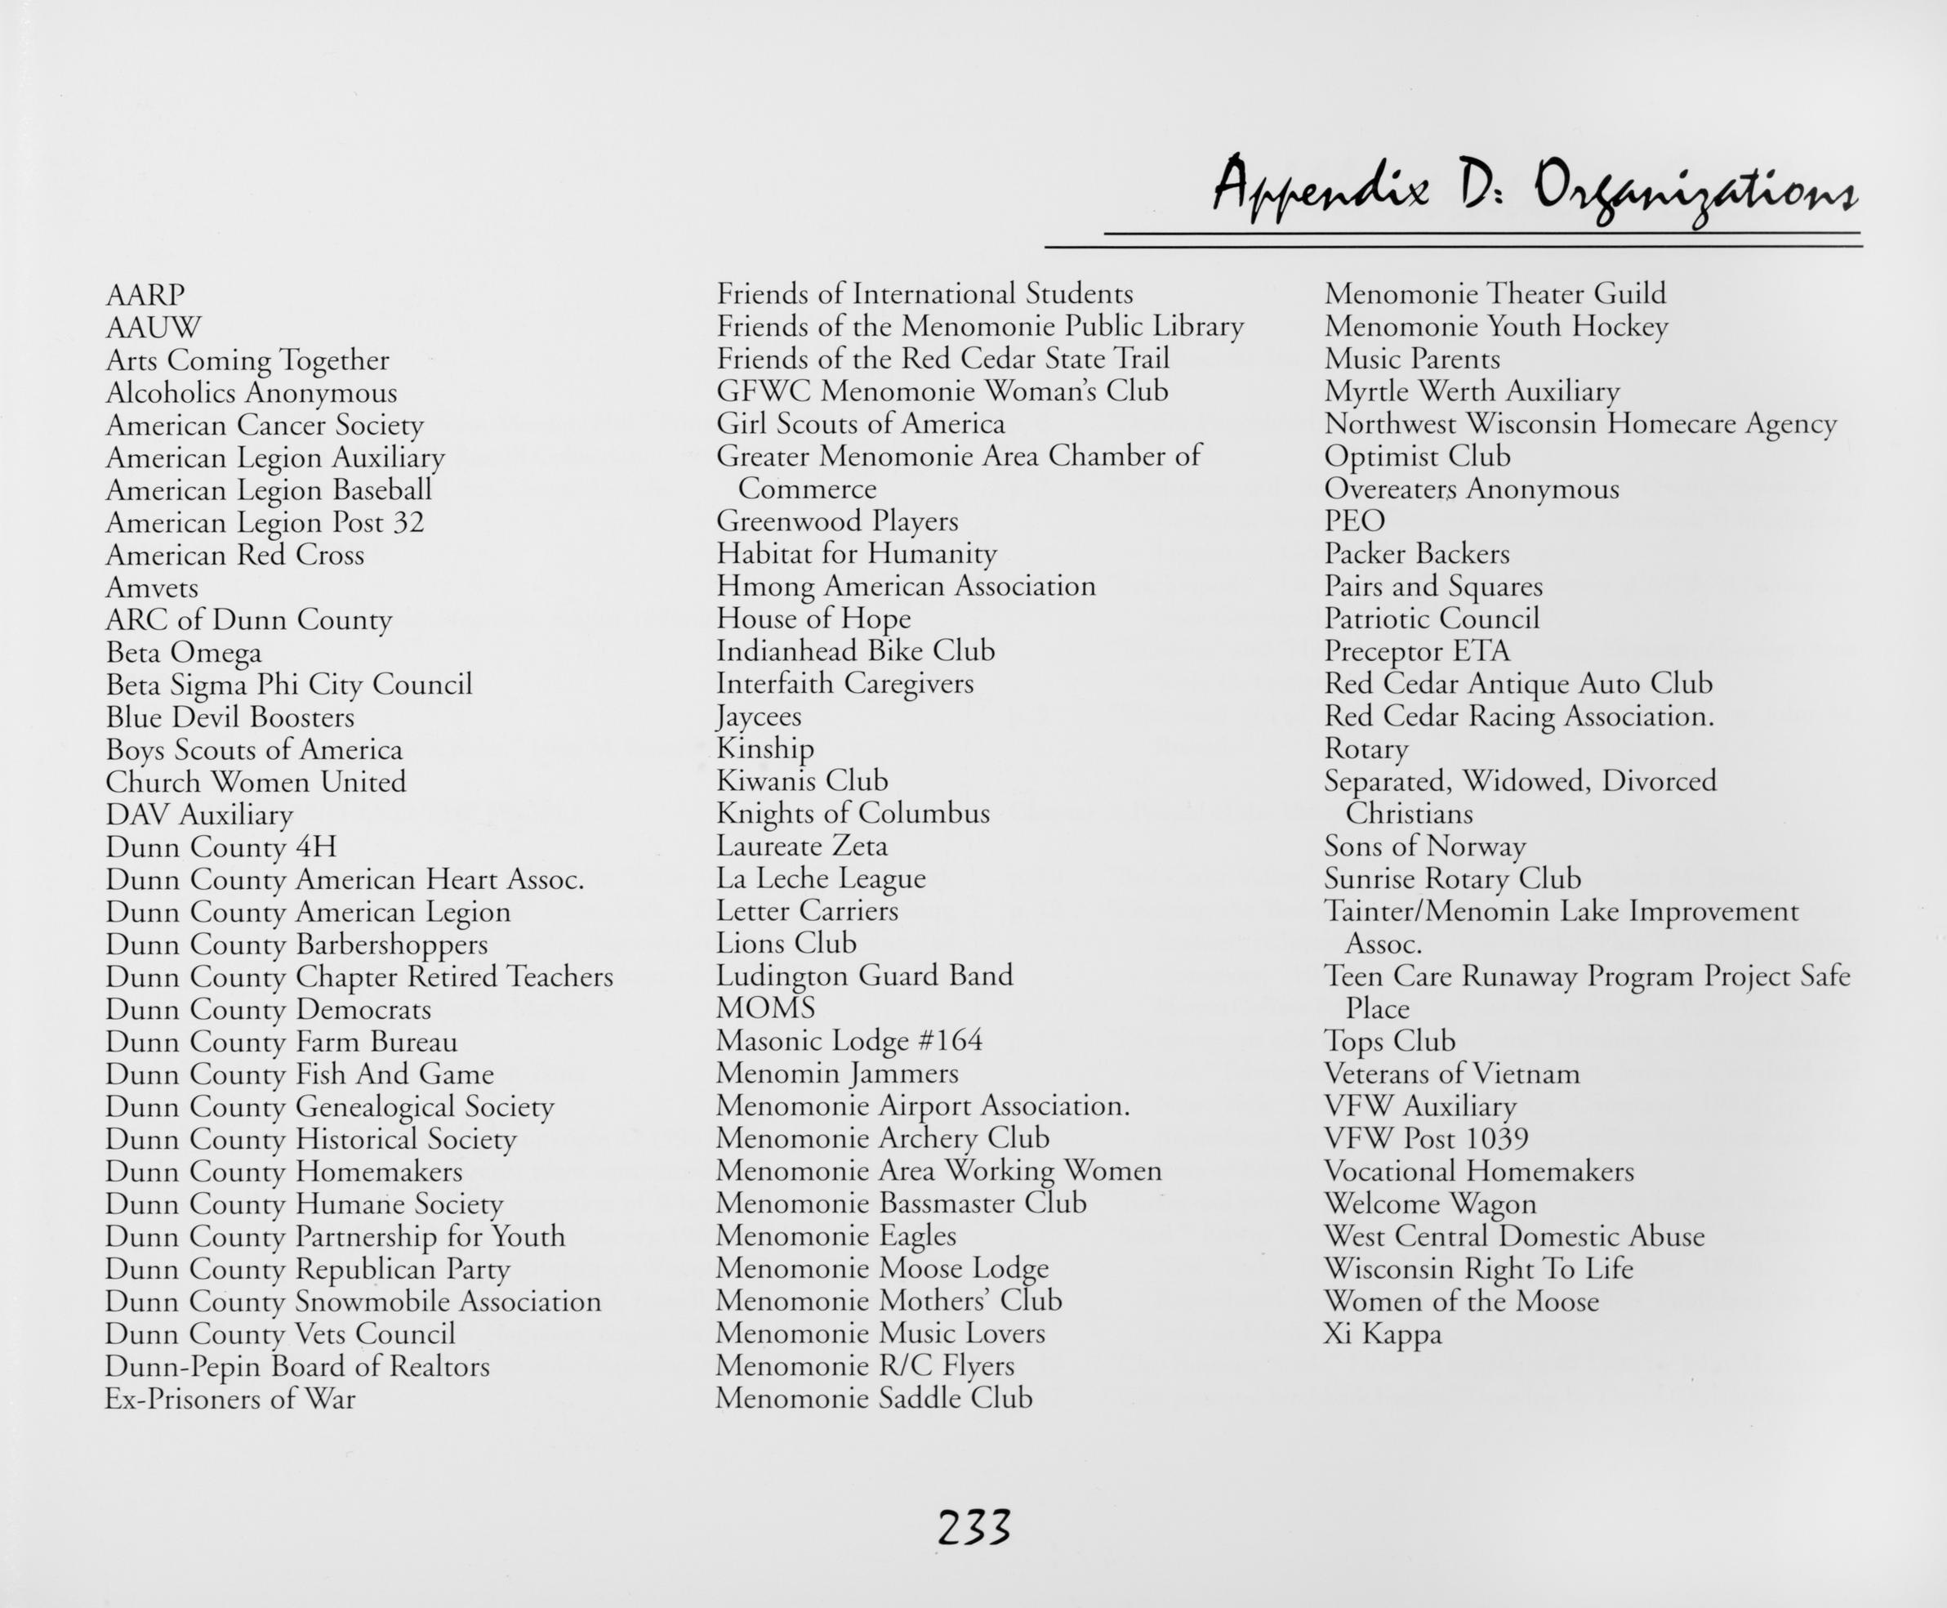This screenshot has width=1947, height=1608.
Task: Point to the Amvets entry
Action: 152,588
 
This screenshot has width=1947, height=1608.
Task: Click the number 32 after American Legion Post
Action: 408,522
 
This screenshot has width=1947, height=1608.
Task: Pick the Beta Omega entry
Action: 183,653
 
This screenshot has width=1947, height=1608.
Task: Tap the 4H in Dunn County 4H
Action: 316,847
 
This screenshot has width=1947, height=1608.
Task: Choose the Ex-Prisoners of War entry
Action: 229,1399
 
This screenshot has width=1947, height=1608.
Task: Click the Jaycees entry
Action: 758,717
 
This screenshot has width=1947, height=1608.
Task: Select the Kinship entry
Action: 764,748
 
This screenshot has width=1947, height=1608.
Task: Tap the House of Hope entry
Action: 813,619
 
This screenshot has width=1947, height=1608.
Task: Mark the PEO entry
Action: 1353,521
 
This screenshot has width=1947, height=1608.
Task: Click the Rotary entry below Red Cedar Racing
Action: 1366,748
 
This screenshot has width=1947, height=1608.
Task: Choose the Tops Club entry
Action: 1388,1042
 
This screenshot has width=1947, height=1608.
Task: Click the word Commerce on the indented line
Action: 806,488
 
